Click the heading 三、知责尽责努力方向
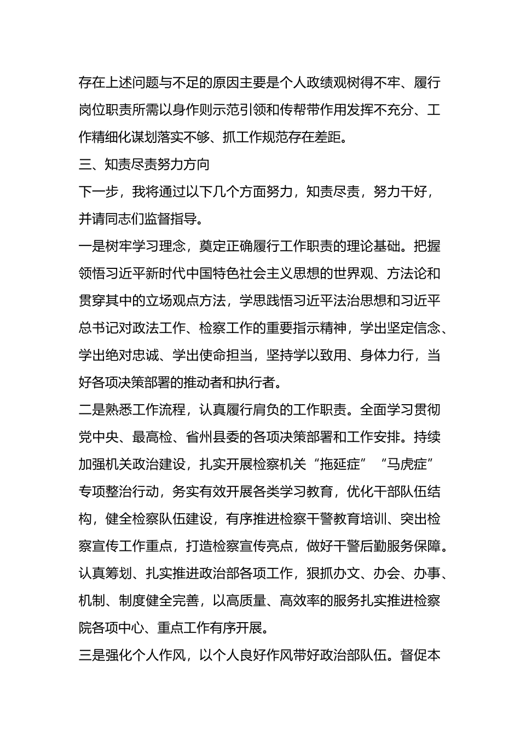click(144, 165)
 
